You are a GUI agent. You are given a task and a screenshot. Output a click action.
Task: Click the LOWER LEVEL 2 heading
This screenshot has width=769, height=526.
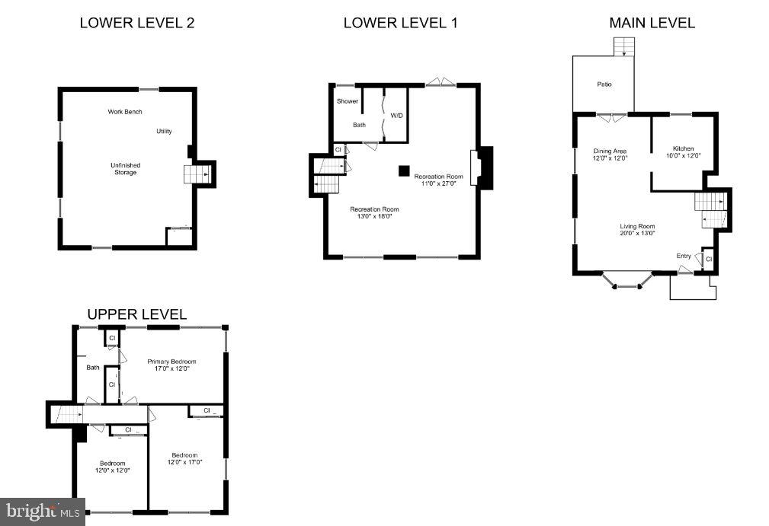coord(137,23)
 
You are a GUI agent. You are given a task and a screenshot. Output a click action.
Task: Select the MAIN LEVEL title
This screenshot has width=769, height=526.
coord(652,23)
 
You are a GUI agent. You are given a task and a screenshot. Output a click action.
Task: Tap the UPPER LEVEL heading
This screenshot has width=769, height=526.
coord(136,314)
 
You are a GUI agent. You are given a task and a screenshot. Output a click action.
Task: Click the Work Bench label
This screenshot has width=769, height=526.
coord(125,112)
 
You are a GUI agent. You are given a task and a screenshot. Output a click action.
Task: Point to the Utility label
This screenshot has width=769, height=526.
coord(164,132)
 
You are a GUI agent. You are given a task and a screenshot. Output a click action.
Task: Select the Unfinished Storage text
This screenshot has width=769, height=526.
coord(126,169)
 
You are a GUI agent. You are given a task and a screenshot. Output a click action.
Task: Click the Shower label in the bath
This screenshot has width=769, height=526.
coord(347,101)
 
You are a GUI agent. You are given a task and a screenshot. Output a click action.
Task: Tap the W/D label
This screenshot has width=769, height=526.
coord(396,116)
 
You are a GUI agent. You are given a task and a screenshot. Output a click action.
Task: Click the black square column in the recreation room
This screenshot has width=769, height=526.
coord(403,171)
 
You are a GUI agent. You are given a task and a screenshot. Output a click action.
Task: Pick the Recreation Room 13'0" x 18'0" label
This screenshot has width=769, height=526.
coord(374,212)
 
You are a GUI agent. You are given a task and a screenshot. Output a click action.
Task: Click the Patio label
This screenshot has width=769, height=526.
coord(604,84)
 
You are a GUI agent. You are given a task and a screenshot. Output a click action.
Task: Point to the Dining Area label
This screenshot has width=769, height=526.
coord(610,155)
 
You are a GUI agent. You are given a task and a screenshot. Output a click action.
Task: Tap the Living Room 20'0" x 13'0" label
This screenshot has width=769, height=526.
coord(637,230)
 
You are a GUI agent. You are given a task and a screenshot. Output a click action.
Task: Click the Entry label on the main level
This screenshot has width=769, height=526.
coord(684,256)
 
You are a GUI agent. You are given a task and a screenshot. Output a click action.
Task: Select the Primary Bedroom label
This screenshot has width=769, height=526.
coord(171,365)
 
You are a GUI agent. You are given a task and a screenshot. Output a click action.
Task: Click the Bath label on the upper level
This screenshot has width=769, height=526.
coord(92,368)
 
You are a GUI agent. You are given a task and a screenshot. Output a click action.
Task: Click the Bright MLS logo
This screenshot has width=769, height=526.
coord(42,512)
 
